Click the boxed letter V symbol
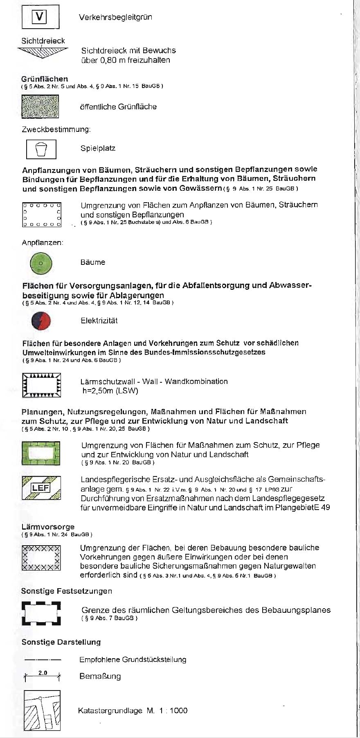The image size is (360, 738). pos(40,17)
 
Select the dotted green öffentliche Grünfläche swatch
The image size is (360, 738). pos(40,106)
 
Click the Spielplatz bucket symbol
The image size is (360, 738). pos(41,149)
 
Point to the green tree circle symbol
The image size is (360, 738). pos(41,263)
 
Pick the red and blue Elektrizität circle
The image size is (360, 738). pos(41,321)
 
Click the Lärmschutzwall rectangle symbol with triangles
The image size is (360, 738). pos(41,385)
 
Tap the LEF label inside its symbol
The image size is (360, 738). pos(40,488)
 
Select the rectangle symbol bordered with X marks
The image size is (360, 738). pos(41,557)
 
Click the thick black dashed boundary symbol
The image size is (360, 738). pos(41,613)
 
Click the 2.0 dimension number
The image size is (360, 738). pos(43,673)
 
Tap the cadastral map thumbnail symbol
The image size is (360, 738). pos(42,710)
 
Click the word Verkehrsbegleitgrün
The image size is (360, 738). pos(115,17)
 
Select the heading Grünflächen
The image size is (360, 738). pos(45,79)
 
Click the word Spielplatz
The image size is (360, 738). pos(98,148)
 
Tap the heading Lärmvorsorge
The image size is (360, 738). pos(48,527)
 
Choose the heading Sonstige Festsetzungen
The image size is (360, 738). pos(66,591)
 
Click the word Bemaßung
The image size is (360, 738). pos(100,676)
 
